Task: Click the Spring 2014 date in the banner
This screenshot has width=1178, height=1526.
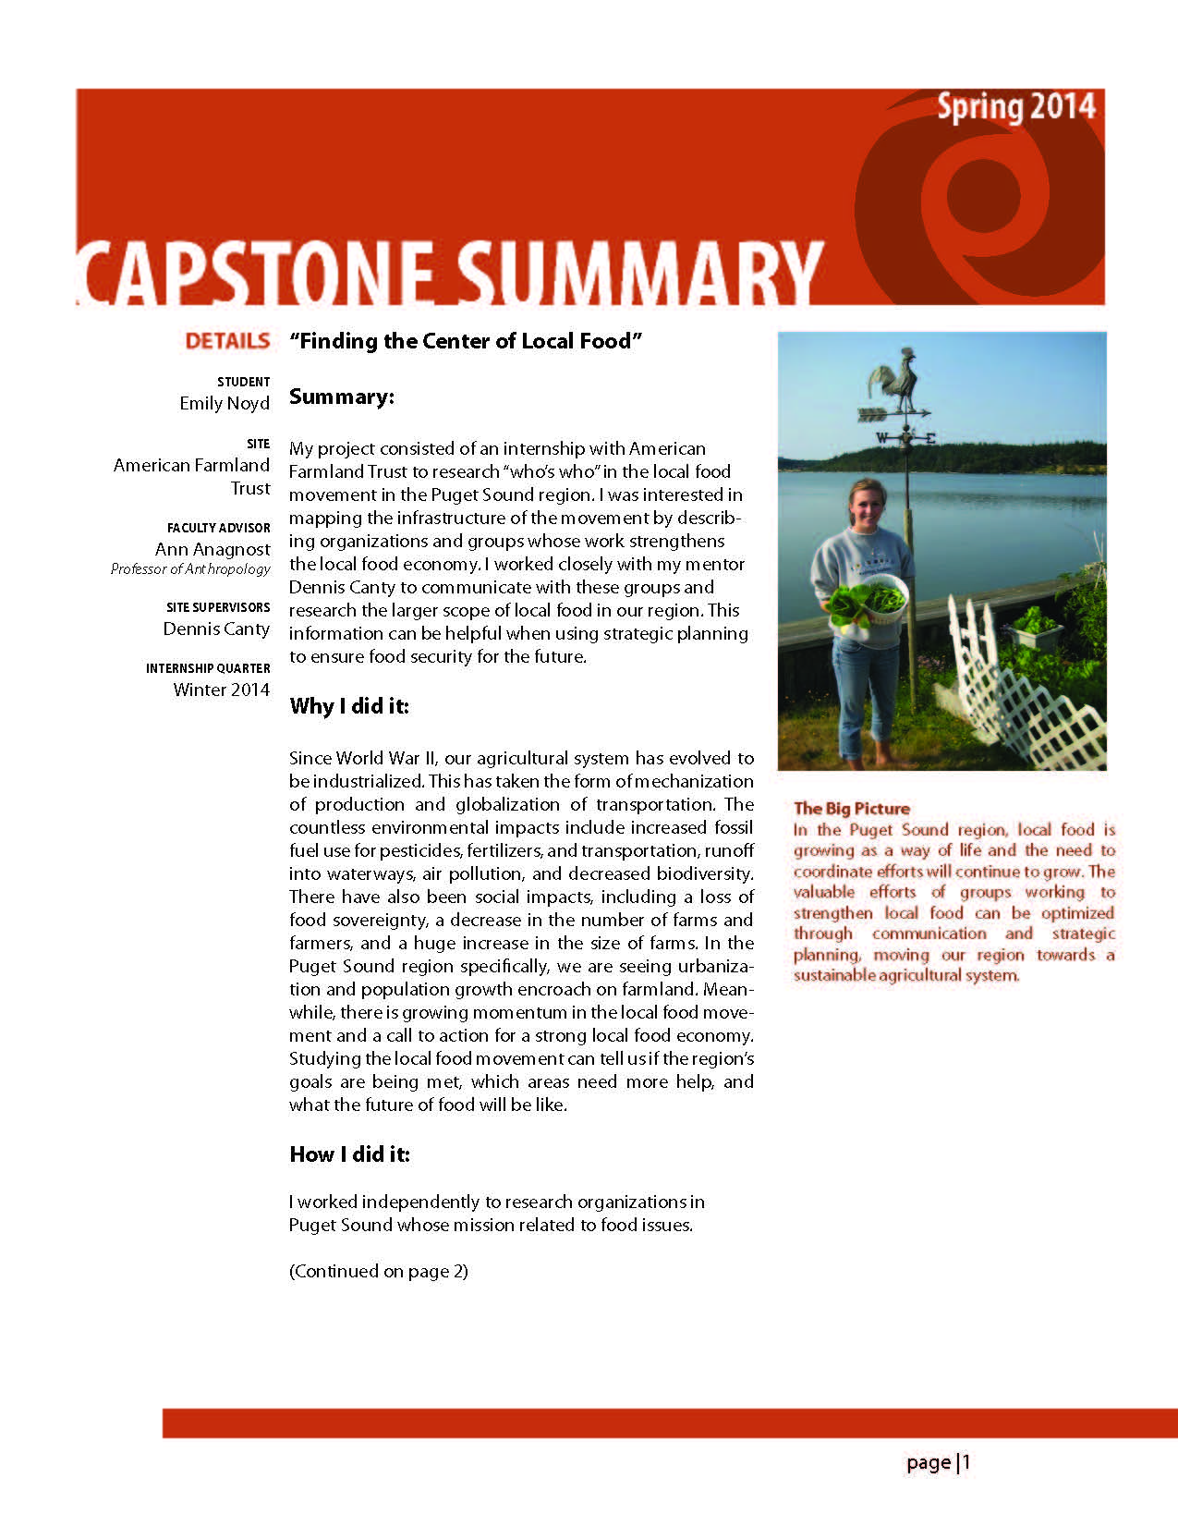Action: (1015, 108)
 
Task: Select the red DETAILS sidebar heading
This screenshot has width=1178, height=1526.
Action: (227, 341)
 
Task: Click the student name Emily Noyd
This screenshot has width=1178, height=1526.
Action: (225, 403)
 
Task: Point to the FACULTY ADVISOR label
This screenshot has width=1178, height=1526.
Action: (219, 528)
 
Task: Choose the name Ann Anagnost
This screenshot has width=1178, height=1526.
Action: (213, 549)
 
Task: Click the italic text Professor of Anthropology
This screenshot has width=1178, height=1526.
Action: (190, 569)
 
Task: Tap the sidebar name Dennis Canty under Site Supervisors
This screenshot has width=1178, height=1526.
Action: (216, 629)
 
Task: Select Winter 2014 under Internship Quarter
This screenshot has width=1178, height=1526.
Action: (222, 690)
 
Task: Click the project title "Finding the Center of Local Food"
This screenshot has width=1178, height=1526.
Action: (466, 341)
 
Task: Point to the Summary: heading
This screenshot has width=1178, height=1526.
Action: (342, 397)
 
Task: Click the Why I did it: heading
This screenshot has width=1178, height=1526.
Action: (349, 706)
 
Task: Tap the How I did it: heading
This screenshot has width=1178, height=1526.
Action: (350, 1154)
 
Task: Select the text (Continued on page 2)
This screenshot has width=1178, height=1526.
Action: (379, 1271)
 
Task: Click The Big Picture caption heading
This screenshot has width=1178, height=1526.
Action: (852, 809)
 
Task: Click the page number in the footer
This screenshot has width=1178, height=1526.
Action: (939, 1462)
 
